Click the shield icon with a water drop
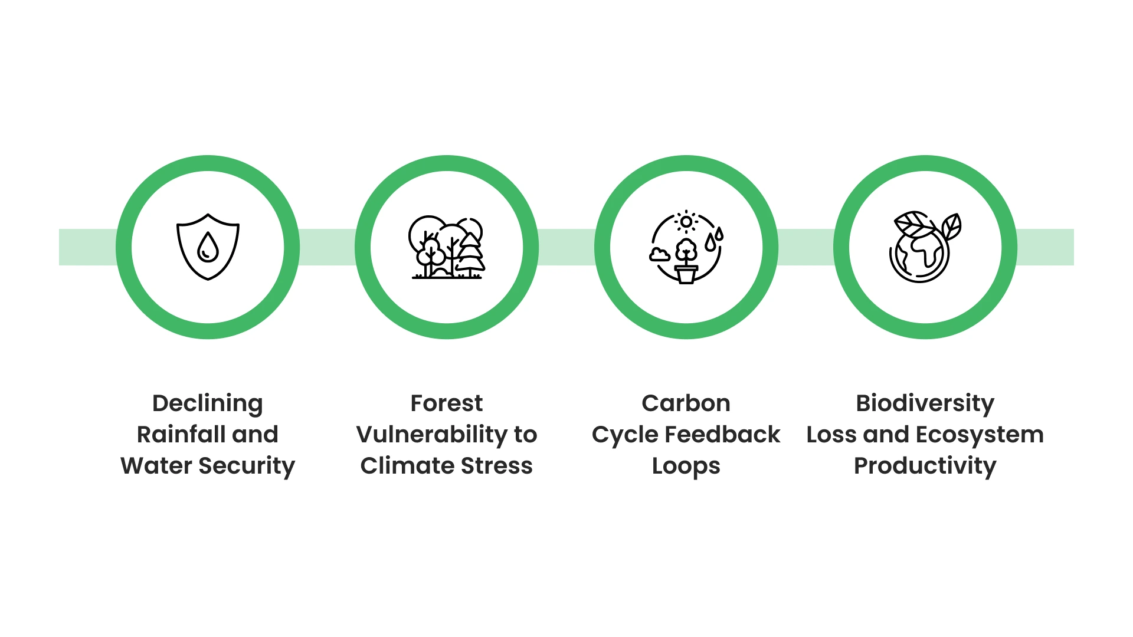[208, 247]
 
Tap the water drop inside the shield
[208, 247]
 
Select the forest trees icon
[447, 247]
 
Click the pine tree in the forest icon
[470, 254]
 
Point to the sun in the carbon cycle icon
[686, 222]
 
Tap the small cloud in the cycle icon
[659, 254]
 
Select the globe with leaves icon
[925, 247]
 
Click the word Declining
[207, 404]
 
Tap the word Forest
[447, 403]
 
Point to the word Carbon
[686, 403]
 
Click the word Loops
[686, 467]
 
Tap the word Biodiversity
[925, 404]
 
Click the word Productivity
[925, 466]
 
